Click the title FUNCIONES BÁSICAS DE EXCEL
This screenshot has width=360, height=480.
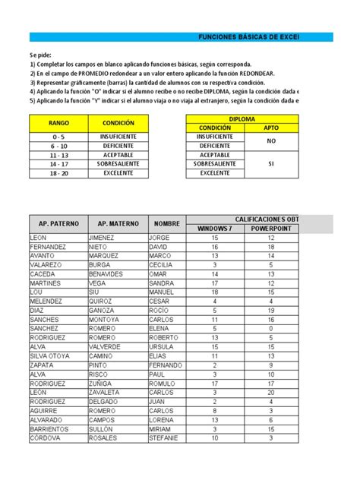248,36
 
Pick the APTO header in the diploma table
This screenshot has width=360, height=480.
270,128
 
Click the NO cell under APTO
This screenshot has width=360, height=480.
270,141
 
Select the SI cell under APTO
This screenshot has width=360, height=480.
270,163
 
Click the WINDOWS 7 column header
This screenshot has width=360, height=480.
215,229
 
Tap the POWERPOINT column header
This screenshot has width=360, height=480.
270,229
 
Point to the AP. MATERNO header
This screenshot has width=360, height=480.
117,223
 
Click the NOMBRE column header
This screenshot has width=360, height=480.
166,223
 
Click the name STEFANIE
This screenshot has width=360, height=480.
163,438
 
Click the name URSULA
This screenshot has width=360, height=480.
161,347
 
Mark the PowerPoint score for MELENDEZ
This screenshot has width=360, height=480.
270,302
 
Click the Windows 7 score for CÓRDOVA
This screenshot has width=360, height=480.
215,438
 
